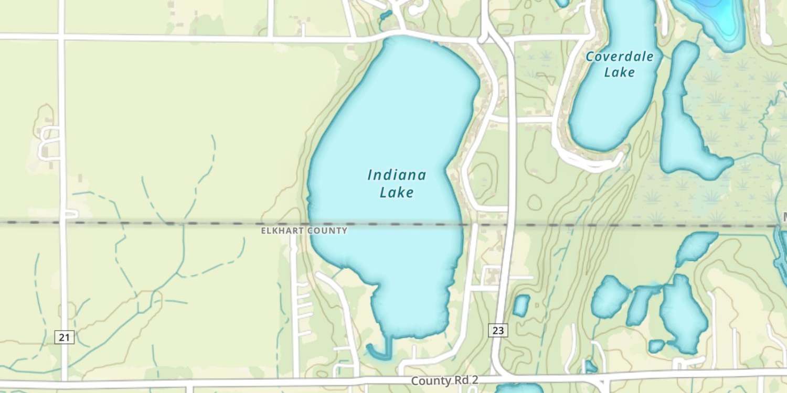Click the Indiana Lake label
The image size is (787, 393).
(x=397, y=183)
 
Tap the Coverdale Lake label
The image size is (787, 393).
(x=620, y=64)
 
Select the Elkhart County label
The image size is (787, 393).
(x=304, y=231)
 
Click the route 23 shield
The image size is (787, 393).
(x=498, y=330)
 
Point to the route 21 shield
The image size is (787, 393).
(x=64, y=337)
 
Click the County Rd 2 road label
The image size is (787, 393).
(x=444, y=380)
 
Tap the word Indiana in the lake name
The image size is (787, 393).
(x=397, y=175)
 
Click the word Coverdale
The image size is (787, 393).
(x=620, y=57)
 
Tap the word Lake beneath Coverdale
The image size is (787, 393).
(x=620, y=72)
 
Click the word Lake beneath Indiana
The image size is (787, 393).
(x=397, y=192)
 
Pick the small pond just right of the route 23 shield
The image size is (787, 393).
(x=521, y=305)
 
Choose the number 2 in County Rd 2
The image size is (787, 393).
(x=475, y=380)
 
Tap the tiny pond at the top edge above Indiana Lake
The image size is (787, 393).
(x=386, y=14)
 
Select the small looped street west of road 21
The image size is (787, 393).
(x=47, y=141)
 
